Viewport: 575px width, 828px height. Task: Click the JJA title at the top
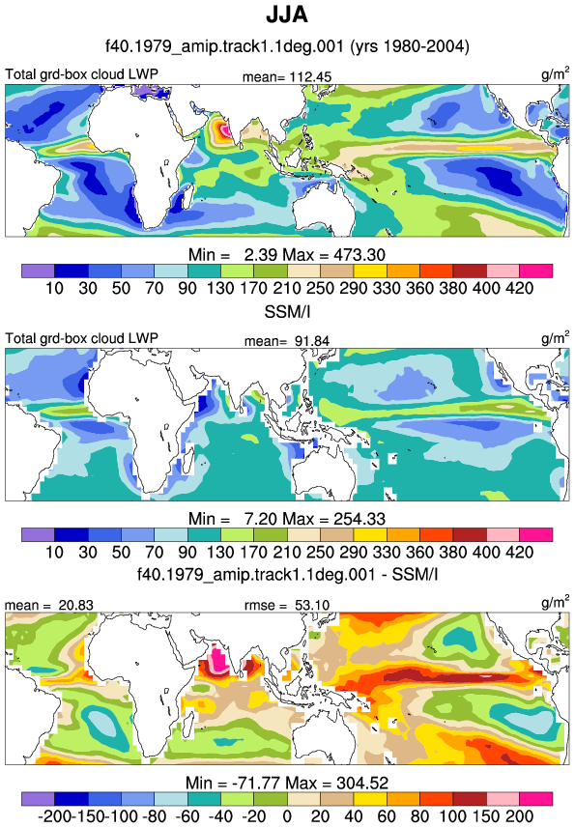click(287, 14)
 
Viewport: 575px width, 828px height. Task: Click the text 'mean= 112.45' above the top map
click(287, 77)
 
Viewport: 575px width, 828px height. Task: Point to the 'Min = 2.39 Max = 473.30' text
click(287, 255)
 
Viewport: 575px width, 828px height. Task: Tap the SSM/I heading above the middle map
click(287, 311)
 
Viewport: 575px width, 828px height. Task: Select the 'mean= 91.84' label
click(287, 341)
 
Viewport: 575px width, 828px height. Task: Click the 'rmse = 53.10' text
click(287, 605)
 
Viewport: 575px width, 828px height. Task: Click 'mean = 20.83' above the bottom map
click(49, 605)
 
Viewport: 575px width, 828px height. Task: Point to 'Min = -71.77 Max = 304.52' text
click(287, 783)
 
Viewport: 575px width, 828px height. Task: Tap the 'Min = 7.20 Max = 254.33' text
click(287, 519)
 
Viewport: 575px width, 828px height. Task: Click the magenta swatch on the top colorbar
click(536, 271)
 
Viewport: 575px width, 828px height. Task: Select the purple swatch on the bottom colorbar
click(38, 798)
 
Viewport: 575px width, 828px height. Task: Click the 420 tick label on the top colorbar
click(520, 288)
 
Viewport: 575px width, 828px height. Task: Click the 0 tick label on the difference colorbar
click(287, 816)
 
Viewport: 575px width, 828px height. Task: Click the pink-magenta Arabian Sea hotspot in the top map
click(224, 128)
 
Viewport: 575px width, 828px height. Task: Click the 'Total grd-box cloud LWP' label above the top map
click(82, 74)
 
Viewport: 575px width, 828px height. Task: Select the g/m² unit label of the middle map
click(556, 337)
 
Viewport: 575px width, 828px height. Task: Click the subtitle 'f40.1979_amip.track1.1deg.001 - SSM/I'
click(287, 574)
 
